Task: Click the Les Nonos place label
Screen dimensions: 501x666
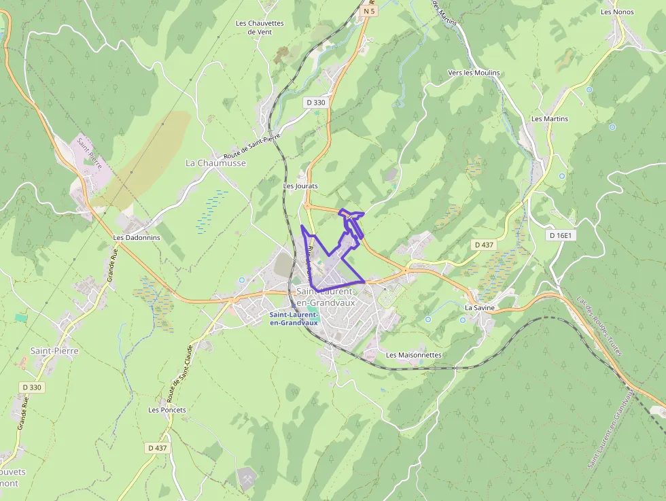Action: click(x=617, y=12)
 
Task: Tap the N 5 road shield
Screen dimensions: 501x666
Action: click(x=369, y=11)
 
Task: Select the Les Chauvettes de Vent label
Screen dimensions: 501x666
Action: click(x=260, y=27)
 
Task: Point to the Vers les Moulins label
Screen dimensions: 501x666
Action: click(x=474, y=73)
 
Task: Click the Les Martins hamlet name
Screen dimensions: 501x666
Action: click(x=550, y=119)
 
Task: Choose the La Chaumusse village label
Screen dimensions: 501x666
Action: click(x=215, y=163)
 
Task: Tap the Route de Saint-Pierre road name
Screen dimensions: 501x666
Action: click(x=251, y=146)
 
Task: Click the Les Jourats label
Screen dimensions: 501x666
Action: click(x=300, y=186)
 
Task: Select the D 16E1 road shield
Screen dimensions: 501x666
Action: click(x=561, y=235)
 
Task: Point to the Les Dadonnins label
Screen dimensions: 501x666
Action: click(x=137, y=238)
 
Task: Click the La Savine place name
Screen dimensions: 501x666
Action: click(x=479, y=307)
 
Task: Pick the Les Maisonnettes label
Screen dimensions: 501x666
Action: click(x=414, y=355)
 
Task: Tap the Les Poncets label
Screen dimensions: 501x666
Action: click(x=167, y=410)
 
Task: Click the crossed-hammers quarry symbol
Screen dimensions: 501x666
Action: click(x=247, y=478)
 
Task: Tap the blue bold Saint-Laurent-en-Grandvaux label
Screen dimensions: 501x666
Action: click(x=294, y=318)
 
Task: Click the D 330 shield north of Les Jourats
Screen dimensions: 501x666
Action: click(x=316, y=103)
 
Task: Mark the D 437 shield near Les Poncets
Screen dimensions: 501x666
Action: click(x=157, y=448)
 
